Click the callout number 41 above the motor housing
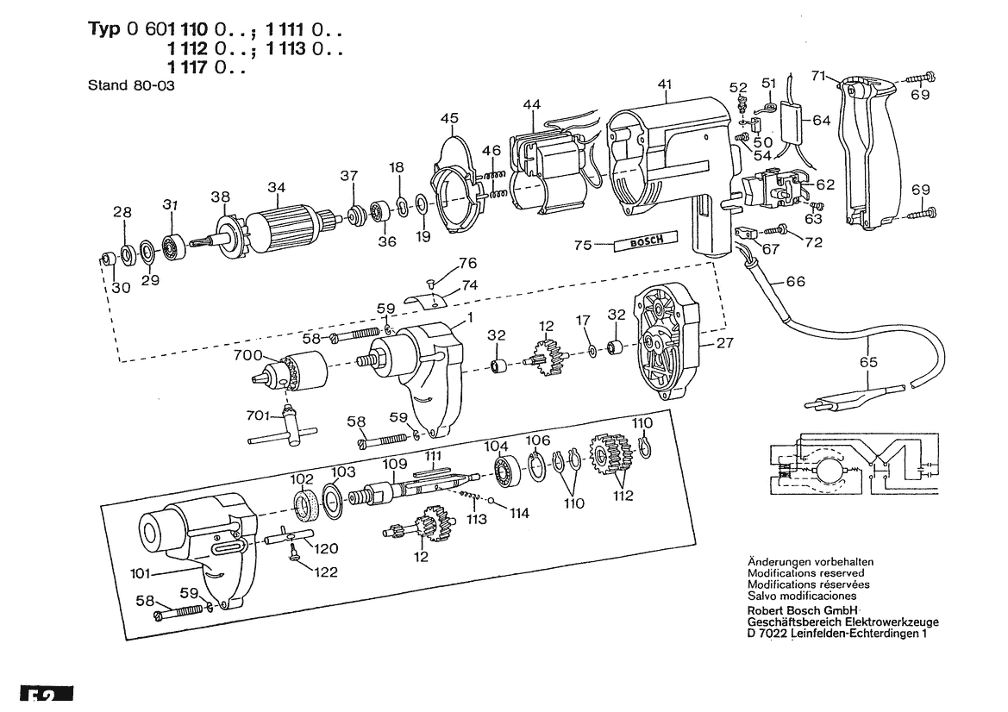click(664, 84)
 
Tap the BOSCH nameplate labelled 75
click(647, 242)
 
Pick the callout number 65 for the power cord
click(868, 363)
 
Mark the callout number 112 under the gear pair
click(623, 496)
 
